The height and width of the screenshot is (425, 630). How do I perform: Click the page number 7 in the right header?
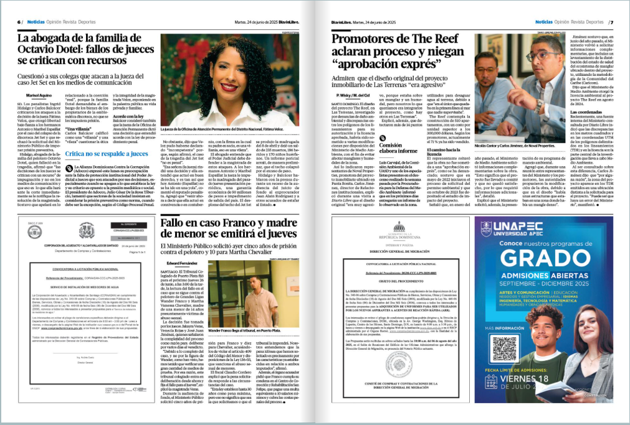pos(611,22)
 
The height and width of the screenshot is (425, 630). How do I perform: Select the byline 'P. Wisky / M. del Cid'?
pos(351,95)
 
